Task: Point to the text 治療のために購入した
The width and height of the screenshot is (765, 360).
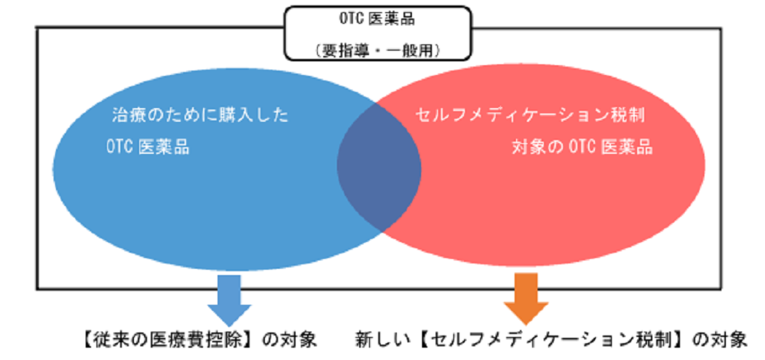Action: [x=201, y=116]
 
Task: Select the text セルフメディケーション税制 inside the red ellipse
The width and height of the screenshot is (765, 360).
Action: [x=531, y=116]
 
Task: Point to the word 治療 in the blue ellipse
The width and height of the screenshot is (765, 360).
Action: [x=125, y=116]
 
